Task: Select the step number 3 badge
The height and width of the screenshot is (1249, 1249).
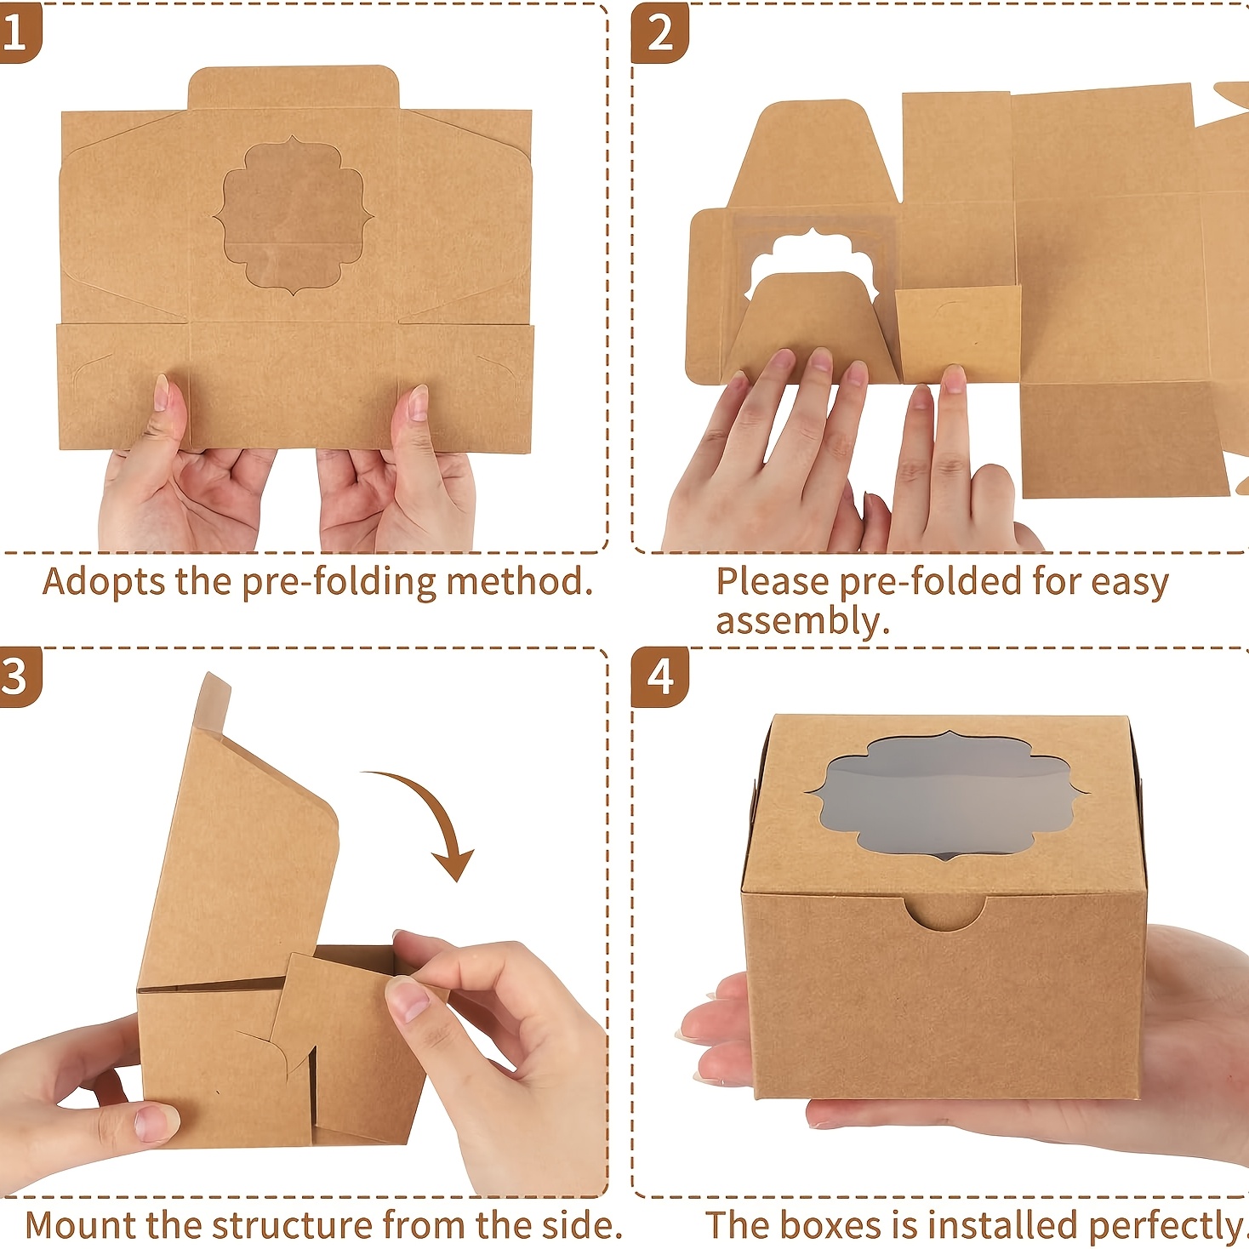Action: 20,677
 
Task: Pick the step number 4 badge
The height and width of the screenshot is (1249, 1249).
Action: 660,677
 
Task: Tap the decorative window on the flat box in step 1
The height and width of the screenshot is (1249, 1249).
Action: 293,216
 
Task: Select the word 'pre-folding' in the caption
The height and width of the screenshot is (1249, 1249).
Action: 338,583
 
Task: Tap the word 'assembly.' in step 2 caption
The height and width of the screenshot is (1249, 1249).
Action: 802,622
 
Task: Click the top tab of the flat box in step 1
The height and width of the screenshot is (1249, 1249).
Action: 293,88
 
